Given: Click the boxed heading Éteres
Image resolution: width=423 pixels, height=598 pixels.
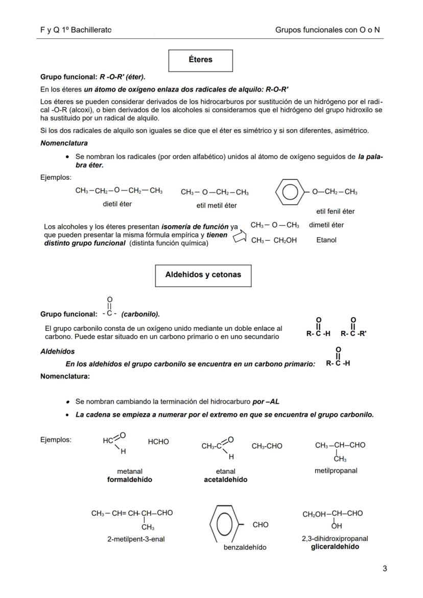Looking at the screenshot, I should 200,60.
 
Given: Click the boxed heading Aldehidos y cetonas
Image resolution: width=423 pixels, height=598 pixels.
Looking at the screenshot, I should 203,275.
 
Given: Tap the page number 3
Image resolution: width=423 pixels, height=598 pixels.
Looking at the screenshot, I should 385,568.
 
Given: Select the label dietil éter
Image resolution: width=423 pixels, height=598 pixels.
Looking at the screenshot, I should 117,204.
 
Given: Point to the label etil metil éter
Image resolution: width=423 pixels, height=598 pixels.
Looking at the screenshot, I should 216,206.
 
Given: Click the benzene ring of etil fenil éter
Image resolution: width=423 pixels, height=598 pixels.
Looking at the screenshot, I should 290,192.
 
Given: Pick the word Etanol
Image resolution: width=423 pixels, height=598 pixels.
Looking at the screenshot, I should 326,240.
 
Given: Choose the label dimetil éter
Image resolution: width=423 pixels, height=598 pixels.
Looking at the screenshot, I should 326,225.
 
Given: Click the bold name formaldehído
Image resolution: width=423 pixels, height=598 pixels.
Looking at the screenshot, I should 129,480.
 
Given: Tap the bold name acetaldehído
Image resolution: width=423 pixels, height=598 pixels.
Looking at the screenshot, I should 225,480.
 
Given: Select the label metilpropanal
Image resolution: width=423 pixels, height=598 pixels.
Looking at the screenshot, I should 336,471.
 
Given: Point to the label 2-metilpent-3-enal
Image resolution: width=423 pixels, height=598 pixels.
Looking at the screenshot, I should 136,539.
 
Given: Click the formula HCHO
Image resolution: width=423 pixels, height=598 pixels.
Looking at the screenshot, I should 158,442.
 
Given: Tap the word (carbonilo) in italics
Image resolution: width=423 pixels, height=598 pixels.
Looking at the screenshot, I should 140,314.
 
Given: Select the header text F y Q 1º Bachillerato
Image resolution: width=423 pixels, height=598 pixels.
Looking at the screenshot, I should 76,30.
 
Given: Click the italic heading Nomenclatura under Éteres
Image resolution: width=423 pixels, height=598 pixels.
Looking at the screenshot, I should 64,143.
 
